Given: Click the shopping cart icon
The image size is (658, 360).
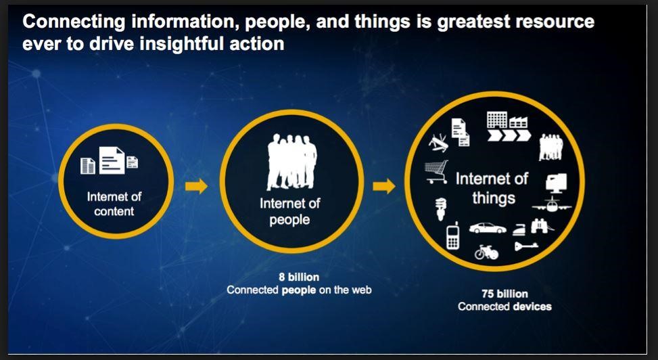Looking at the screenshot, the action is point(436,171).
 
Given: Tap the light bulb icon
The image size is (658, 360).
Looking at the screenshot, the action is point(441,208).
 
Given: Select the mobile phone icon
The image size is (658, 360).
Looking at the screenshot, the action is point(453,236).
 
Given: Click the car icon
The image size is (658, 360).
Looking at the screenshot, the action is point(488,227).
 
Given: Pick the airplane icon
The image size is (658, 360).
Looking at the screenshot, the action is point(551,204).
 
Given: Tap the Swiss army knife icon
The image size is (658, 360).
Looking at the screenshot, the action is point(438,141).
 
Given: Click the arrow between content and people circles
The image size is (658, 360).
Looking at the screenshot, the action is point(196,185).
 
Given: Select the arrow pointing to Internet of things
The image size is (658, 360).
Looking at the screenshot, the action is point(384,185).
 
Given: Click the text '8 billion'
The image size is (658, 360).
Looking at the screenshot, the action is point(299,277).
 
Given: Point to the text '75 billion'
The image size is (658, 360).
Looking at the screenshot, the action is point(505,294).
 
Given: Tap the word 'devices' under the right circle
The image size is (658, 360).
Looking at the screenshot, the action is point(532,307).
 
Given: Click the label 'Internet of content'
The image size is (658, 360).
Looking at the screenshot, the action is point(114,204).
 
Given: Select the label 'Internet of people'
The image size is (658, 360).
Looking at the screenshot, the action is point(290,211).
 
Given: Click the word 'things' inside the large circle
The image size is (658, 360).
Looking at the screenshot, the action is point(494,198).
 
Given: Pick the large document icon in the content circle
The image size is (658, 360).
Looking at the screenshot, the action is point(112,160).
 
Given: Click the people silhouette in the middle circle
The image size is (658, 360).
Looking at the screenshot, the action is point(291,162).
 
